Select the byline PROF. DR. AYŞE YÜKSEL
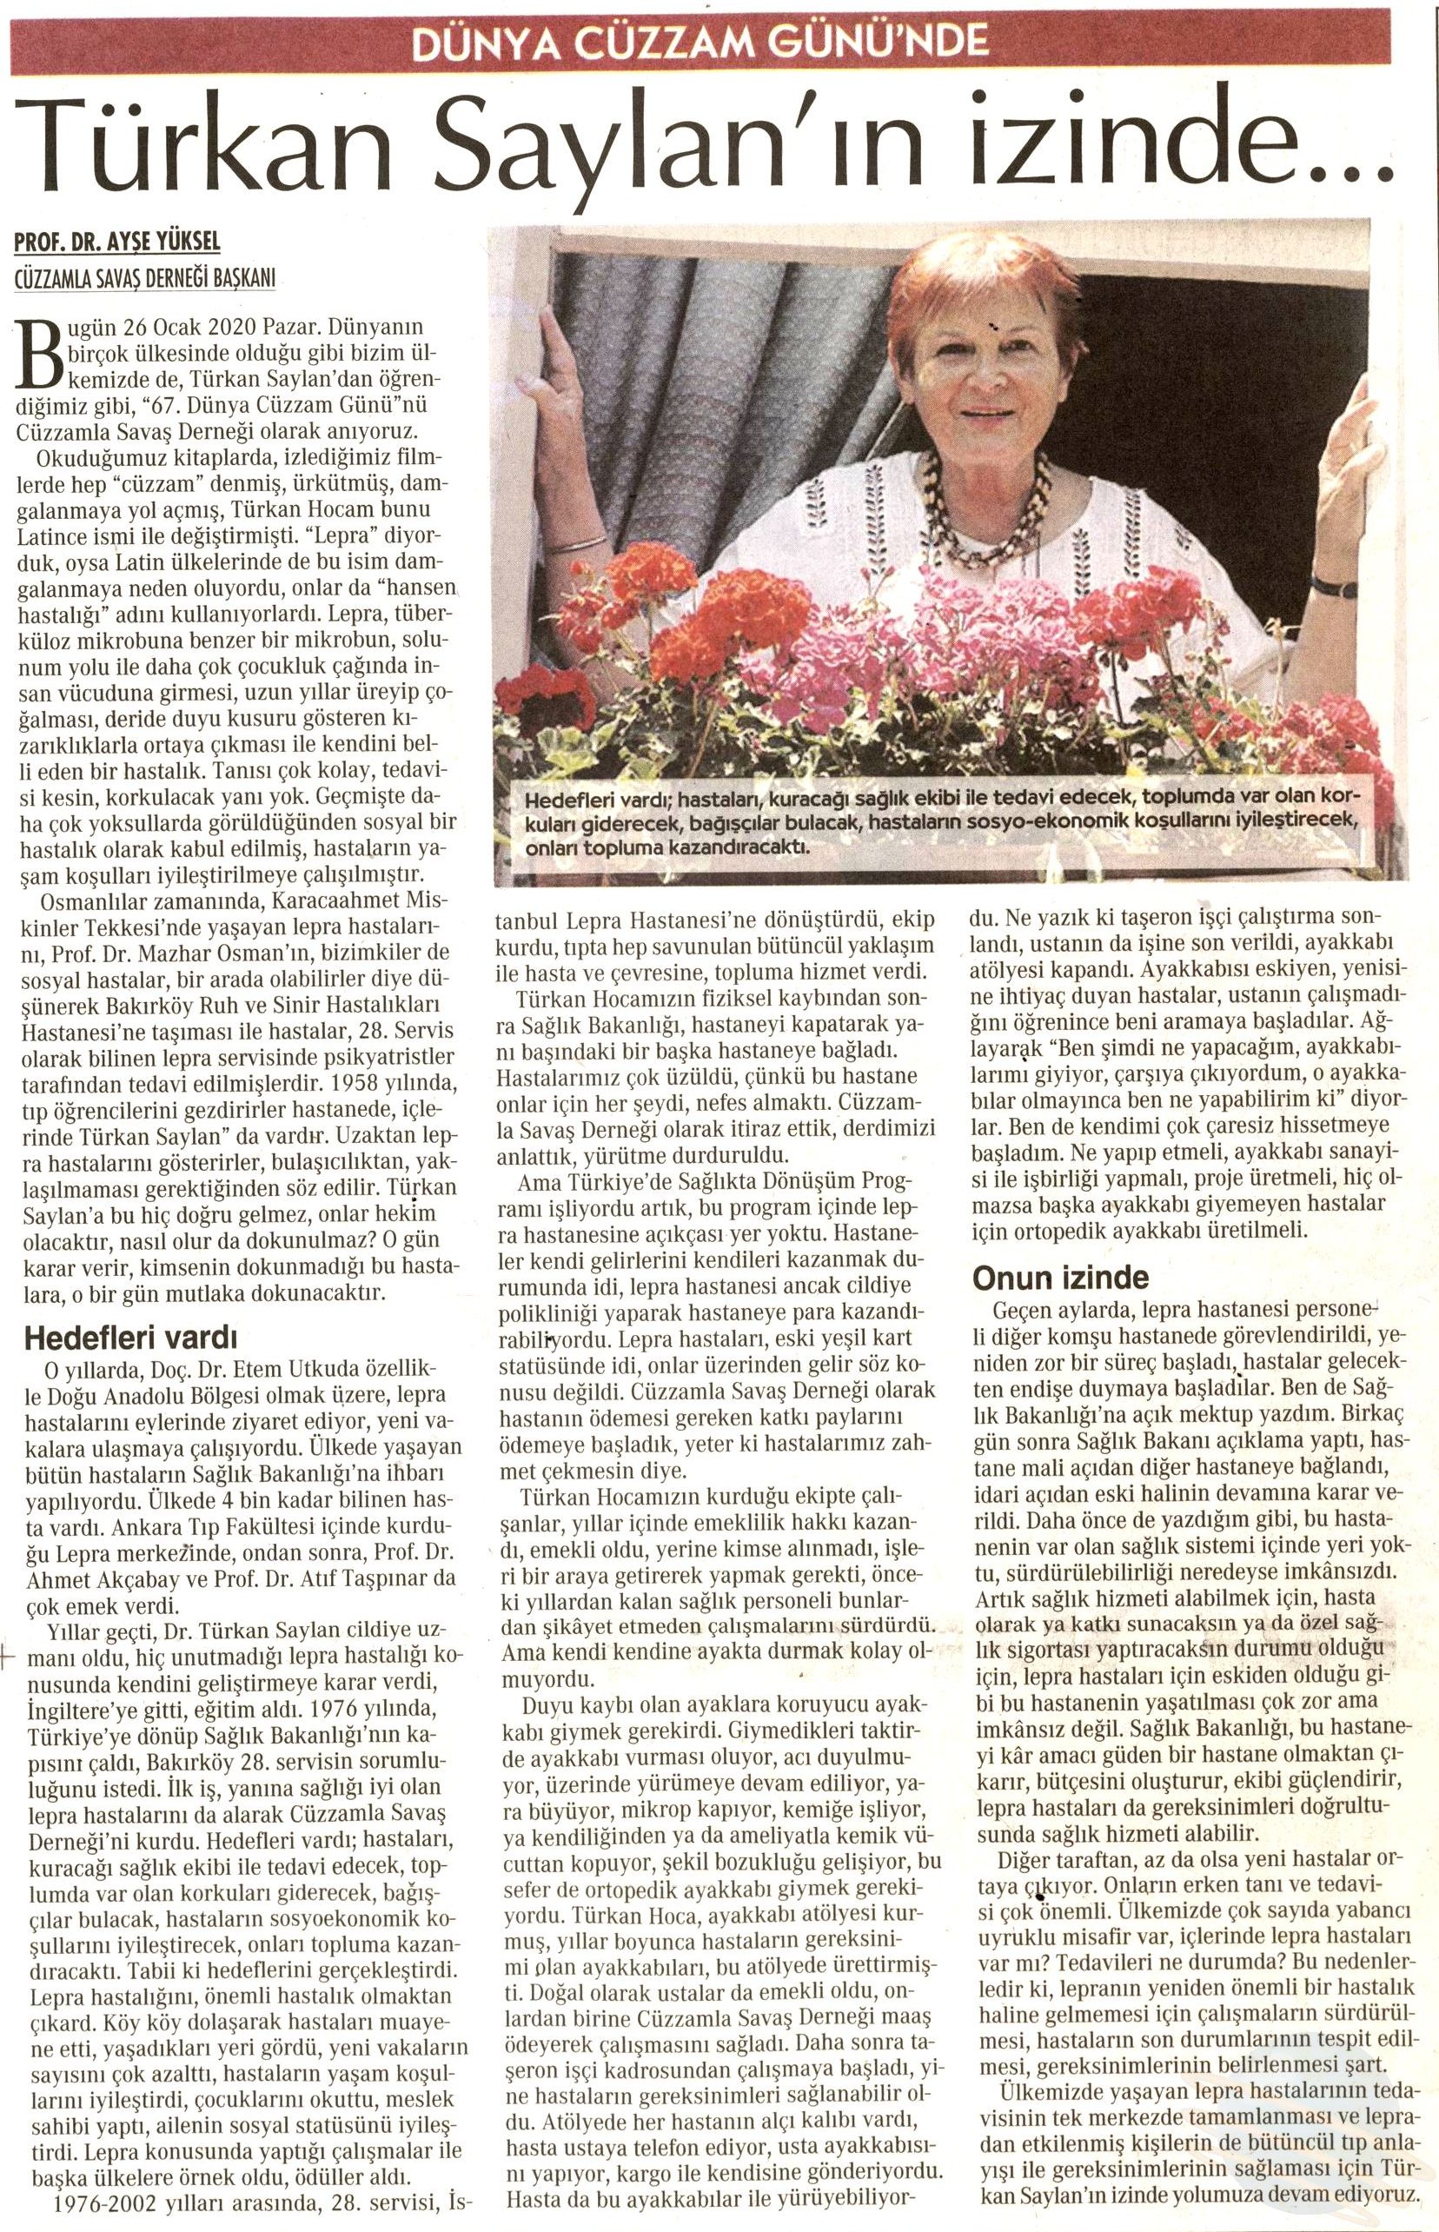116,243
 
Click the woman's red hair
981,281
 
